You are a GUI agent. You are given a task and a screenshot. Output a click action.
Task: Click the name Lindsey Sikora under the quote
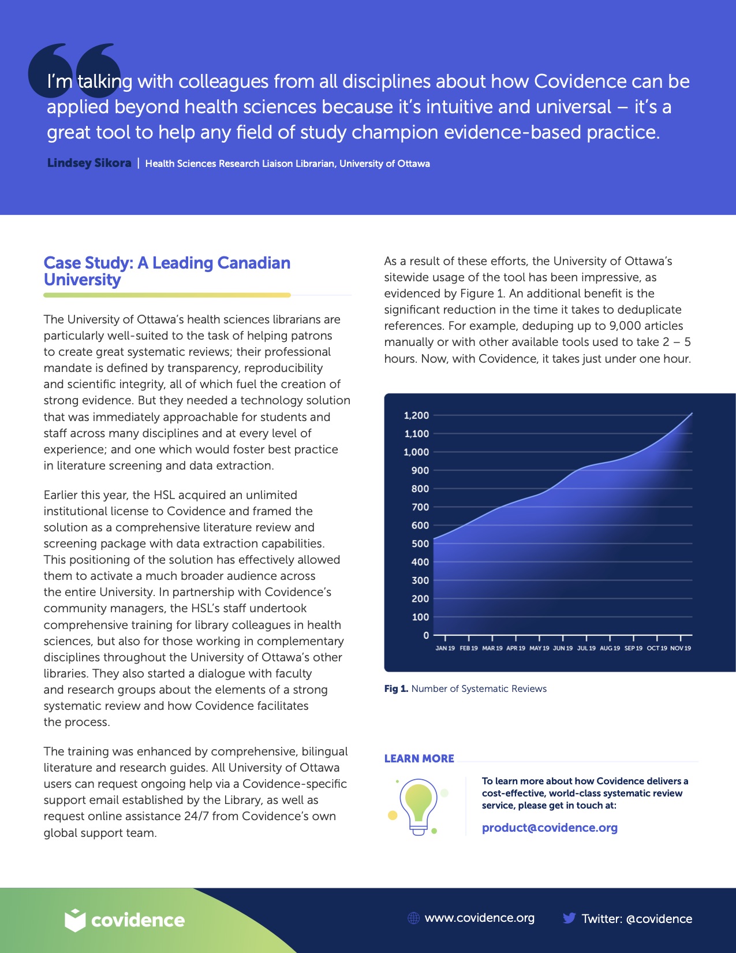pyautogui.click(x=89, y=163)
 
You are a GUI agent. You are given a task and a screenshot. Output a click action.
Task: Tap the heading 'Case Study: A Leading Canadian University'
pyautogui.click(x=167, y=271)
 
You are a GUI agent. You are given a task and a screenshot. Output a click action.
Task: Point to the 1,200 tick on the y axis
pyautogui.click(x=416, y=415)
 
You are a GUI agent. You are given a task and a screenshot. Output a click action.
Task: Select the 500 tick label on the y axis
pyautogui.click(x=420, y=543)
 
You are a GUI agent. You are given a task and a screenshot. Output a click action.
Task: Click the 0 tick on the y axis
pyautogui.click(x=426, y=635)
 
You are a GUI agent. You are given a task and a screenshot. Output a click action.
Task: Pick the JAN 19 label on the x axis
pyautogui.click(x=445, y=648)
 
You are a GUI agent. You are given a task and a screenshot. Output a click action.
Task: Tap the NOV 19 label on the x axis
pyautogui.click(x=681, y=648)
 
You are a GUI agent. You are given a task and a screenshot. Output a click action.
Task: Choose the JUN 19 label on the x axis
pyautogui.click(x=563, y=648)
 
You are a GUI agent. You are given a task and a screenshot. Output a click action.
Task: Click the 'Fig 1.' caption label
pyautogui.click(x=396, y=688)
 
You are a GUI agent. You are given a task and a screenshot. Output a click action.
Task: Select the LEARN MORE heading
pyautogui.click(x=419, y=758)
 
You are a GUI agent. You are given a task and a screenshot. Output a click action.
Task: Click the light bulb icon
pyautogui.click(x=419, y=806)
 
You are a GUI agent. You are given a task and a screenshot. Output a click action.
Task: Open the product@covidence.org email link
pyautogui.click(x=550, y=828)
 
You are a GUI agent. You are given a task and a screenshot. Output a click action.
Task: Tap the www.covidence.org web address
pyautogui.click(x=479, y=918)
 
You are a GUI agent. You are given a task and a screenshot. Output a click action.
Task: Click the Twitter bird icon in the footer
pyautogui.click(x=569, y=918)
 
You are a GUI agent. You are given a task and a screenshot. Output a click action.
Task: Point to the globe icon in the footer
pyautogui.click(x=413, y=918)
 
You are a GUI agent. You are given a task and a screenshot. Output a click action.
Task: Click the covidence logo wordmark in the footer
pyautogui.click(x=137, y=920)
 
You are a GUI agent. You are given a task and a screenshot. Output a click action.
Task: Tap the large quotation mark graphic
pyautogui.click(x=74, y=69)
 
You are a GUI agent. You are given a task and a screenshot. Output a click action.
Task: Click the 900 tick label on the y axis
pyautogui.click(x=420, y=470)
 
